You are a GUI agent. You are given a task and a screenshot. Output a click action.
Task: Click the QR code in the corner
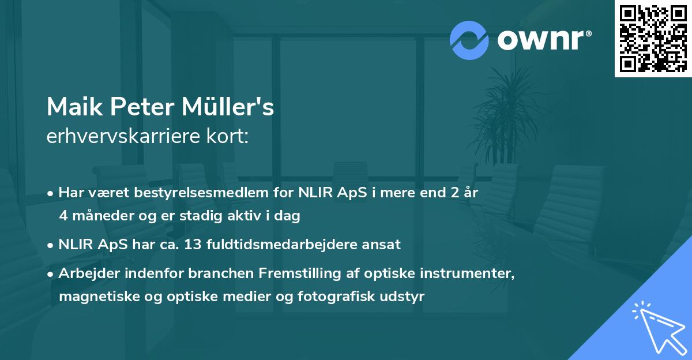coord(653,39)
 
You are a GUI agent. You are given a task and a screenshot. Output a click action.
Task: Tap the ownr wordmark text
coord(544,39)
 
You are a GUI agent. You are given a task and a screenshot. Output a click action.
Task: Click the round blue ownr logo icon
coord(469,40)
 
